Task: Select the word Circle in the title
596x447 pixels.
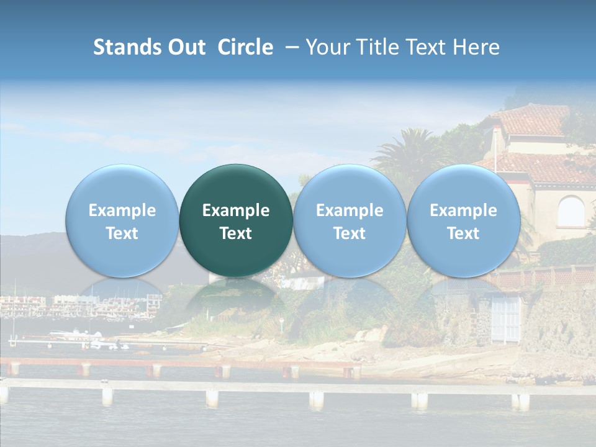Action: (245, 47)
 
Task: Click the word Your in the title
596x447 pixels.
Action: (328, 48)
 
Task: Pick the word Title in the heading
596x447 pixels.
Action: (378, 47)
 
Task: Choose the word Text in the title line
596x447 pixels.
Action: (427, 47)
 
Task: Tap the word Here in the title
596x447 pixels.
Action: (476, 47)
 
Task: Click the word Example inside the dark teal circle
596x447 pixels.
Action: (236, 210)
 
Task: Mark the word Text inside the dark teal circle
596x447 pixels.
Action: (236, 233)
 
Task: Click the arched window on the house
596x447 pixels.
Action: (571, 211)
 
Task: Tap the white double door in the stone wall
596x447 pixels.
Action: (507, 318)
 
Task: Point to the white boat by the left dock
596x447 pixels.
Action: (74, 335)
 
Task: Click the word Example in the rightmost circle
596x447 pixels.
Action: (463, 210)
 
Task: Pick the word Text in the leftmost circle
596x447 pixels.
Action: (122, 233)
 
